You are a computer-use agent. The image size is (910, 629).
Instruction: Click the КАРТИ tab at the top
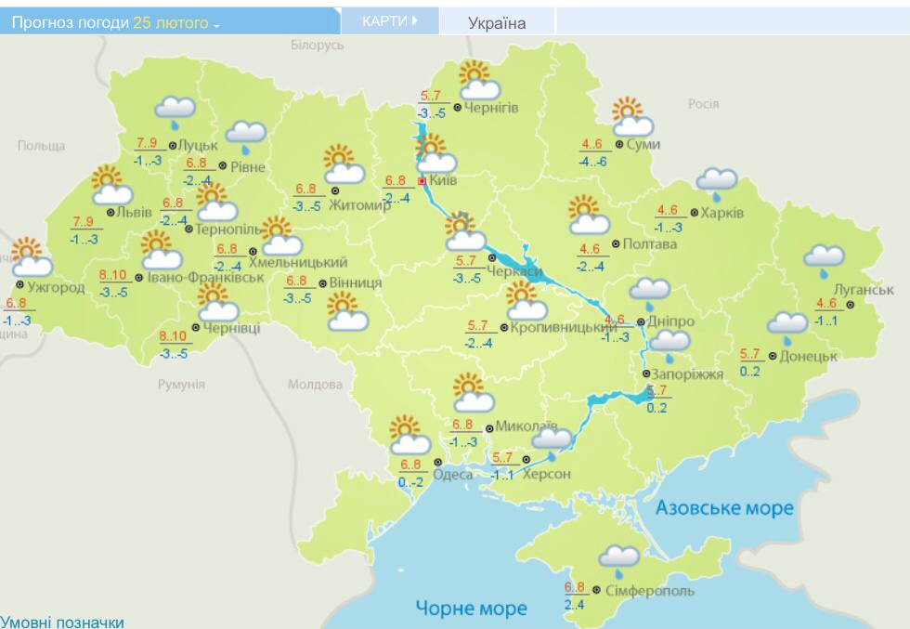coord(389,21)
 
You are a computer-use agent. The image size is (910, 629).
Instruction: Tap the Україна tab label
coord(496,23)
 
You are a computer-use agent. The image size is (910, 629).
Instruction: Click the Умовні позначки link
coord(62,622)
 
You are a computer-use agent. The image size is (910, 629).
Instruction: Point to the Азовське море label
coord(724,508)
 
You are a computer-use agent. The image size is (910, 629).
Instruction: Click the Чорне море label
coord(471,609)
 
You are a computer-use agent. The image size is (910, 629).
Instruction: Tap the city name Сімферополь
coord(649,590)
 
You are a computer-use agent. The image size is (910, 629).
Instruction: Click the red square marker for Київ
coord(422,181)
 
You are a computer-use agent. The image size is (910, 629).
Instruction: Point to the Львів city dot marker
coord(110,212)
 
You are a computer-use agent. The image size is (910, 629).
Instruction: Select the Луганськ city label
coord(863,290)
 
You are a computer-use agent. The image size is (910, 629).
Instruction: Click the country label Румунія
coord(181,384)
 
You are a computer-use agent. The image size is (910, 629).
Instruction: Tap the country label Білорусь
coord(317,45)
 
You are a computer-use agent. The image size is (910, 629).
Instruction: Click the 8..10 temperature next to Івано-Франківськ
coord(116,275)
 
